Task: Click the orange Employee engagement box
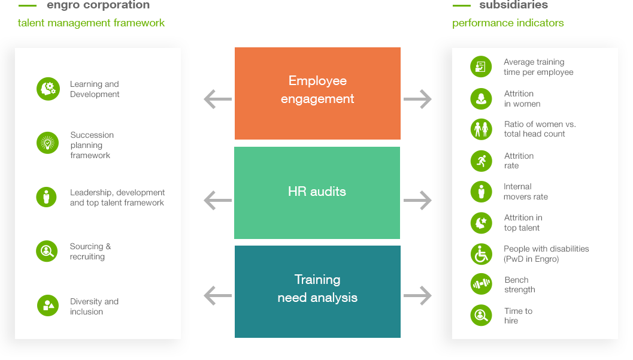pyautogui.click(x=317, y=93)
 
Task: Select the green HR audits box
pyautogui.click(x=317, y=192)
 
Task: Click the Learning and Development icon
pyautogui.click(x=48, y=89)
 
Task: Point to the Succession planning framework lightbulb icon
pyautogui.click(x=47, y=143)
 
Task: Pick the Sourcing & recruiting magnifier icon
pyautogui.click(x=47, y=252)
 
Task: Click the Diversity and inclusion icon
pyautogui.click(x=47, y=305)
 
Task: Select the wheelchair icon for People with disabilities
pyautogui.click(x=481, y=254)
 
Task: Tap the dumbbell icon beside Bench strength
pyautogui.click(x=481, y=284)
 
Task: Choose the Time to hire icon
pyautogui.click(x=481, y=315)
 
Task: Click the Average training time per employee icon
pyautogui.click(x=480, y=66)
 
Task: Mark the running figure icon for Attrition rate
pyautogui.click(x=481, y=161)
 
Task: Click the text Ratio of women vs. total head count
pyautogui.click(x=540, y=129)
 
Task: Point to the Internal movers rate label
pyautogui.click(x=525, y=192)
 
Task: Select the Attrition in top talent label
pyautogui.click(x=523, y=223)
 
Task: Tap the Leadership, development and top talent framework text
pyautogui.click(x=117, y=198)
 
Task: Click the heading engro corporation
pyautogui.click(x=98, y=5)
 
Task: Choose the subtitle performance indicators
pyautogui.click(x=508, y=23)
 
